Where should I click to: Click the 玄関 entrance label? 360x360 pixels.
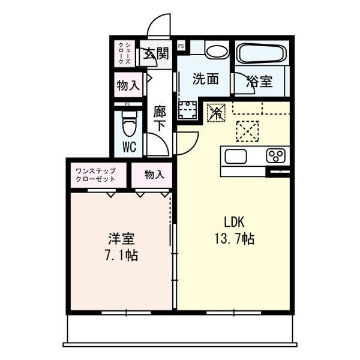[x=155, y=55]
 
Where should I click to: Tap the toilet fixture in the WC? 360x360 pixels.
[x=128, y=127]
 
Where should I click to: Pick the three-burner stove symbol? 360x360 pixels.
[x=276, y=156]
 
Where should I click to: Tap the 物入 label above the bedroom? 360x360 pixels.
[x=154, y=174]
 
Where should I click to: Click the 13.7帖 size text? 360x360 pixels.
[x=233, y=239]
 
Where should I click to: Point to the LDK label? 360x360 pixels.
[x=234, y=221]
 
